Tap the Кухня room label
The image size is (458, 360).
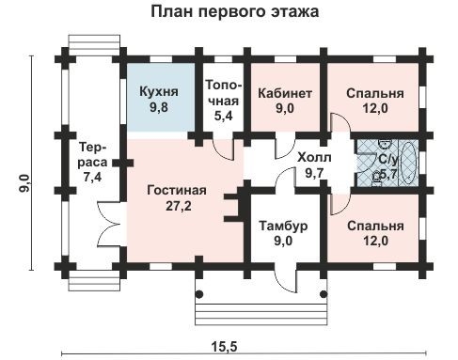159,93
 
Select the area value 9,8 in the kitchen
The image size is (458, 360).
159,109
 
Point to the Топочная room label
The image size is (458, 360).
225,92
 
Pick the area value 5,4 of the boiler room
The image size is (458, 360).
225,117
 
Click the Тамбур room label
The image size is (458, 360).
283,227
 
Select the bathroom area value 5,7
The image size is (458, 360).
388,173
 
